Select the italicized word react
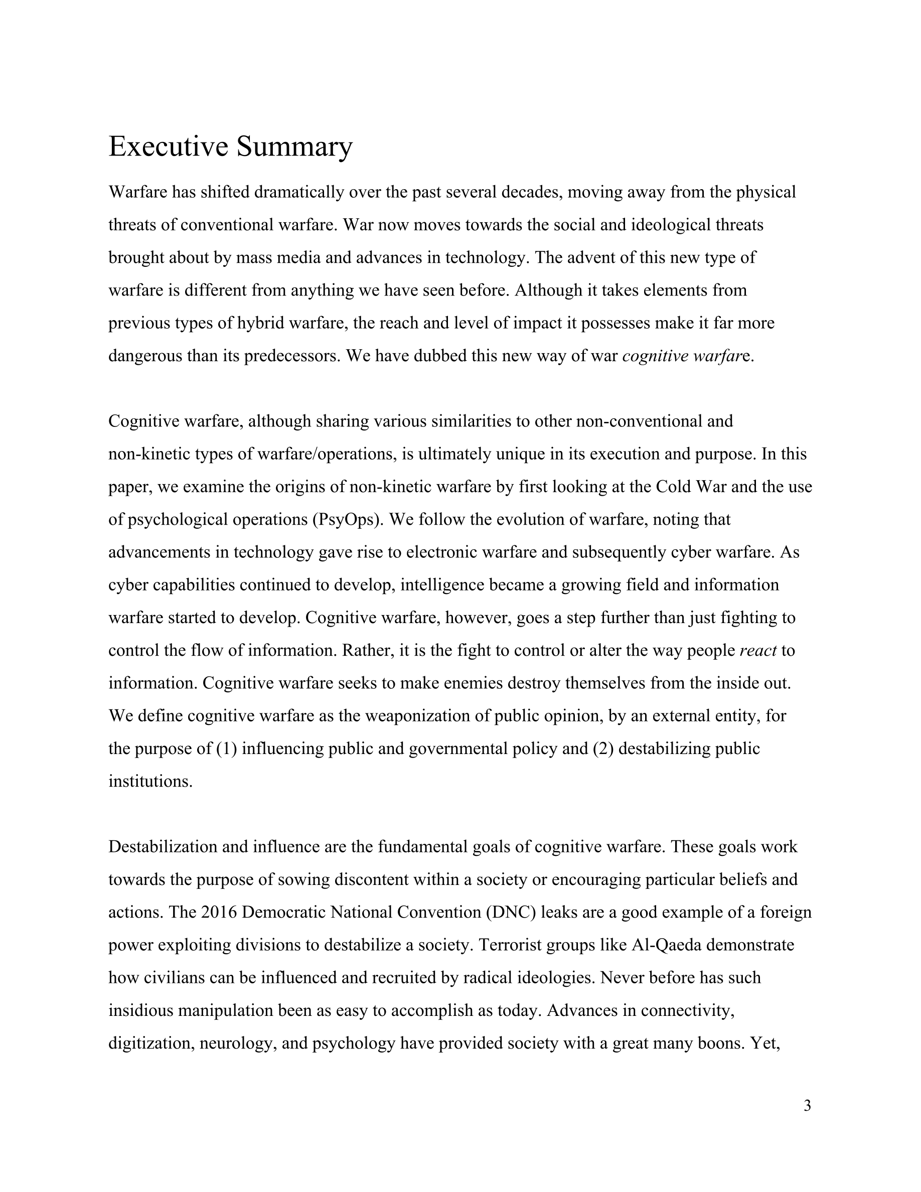coord(758,651)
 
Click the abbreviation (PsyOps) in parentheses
coord(349,520)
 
